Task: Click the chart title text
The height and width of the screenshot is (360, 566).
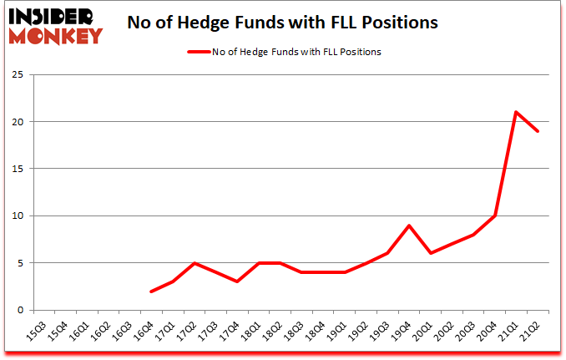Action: pyautogui.click(x=282, y=23)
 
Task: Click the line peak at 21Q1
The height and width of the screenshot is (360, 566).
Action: pyautogui.click(x=517, y=112)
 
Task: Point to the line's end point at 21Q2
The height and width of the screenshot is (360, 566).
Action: pyautogui.click(x=538, y=131)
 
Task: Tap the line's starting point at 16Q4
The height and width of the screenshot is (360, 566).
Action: pyautogui.click(x=151, y=292)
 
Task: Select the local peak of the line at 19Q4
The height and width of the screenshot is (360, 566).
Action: pyautogui.click(x=409, y=226)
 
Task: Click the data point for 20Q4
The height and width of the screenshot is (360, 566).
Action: pyautogui.click(x=495, y=215)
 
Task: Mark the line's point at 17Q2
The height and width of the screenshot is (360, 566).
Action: pyautogui.click(x=195, y=263)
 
